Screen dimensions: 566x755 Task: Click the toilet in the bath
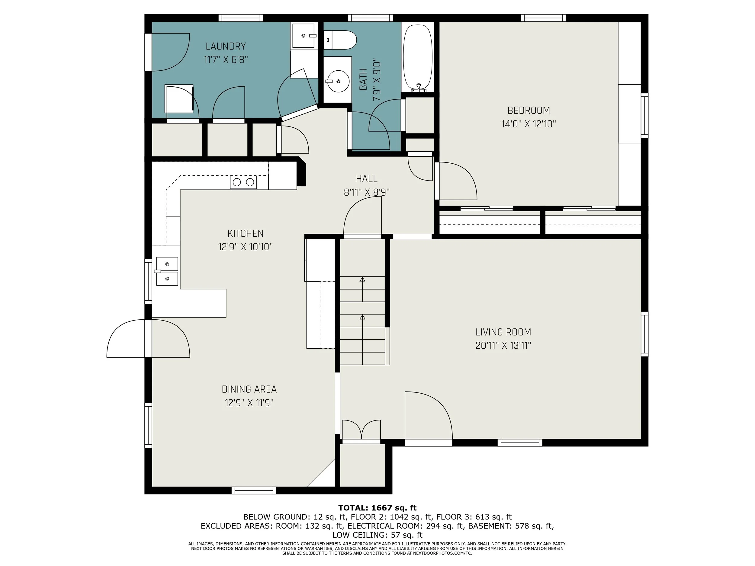point(340,40)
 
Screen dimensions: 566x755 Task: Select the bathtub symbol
point(418,57)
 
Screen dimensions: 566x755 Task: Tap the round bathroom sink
point(338,81)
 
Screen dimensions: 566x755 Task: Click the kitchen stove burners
point(243,182)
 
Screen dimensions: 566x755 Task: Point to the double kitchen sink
point(167,271)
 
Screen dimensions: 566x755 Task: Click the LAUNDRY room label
point(226,46)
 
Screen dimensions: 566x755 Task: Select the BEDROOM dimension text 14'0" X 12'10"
point(528,124)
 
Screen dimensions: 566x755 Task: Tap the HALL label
point(367,179)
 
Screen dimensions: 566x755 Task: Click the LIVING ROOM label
point(503,332)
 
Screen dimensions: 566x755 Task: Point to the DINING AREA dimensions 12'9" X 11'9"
point(249,403)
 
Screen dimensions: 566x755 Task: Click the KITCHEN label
point(246,233)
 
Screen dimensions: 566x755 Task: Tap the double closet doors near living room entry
point(361,430)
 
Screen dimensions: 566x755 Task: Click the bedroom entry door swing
point(456,181)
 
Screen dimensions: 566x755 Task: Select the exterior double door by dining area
point(148,338)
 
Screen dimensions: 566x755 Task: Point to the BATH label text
point(363,79)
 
